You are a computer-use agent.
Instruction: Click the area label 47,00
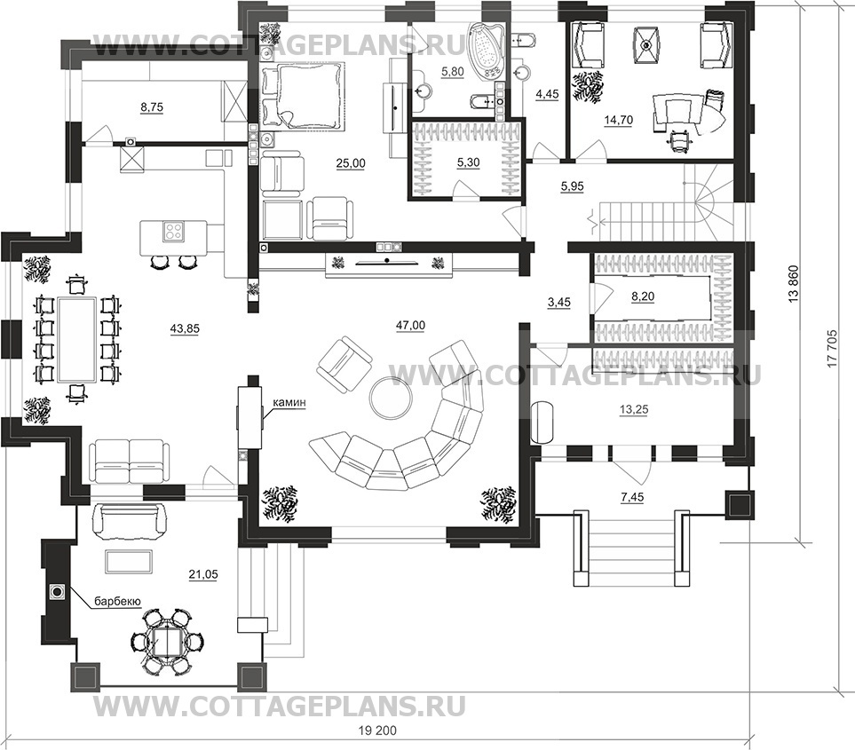pos(410,326)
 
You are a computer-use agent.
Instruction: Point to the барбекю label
pos(118,601)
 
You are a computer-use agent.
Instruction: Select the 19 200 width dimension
pos(378,730)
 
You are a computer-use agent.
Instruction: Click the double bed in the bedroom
pos(303,96)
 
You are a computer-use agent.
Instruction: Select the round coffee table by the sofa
pos(391,398)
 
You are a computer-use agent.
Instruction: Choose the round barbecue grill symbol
pos(57,591)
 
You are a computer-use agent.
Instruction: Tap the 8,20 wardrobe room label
pos(642,296)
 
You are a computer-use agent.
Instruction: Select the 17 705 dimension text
pos(832,348)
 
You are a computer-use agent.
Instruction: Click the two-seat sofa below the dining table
pos(130,462)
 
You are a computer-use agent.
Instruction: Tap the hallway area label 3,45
pos(559,301)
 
